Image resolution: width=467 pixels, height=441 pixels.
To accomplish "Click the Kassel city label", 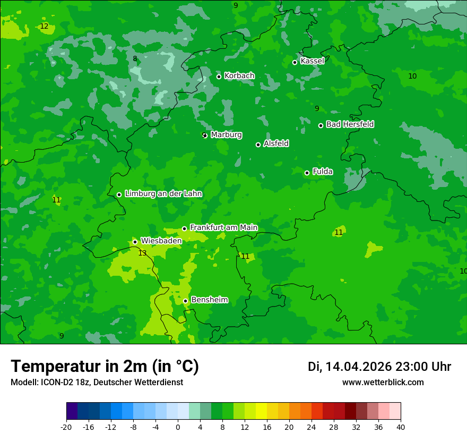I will [x=312, y=61].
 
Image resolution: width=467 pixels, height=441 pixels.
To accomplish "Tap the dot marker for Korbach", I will [x=219, y=77].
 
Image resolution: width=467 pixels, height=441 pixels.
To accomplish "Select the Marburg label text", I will [x=226, y=135].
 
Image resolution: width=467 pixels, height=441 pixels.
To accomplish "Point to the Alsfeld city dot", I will [x=258, y=145].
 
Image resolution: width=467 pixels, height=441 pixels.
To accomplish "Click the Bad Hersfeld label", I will [x=350, y=124].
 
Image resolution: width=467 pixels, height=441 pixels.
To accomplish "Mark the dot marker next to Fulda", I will [x=307, y=173].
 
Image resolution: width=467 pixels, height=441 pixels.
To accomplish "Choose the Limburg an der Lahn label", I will [x=163, y=194].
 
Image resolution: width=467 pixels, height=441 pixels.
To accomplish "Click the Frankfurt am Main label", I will [x=223, y=228].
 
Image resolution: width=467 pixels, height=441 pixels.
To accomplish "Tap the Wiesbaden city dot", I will [x=135, y=242].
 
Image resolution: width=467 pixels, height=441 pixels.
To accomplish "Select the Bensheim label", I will [x=209, y=300].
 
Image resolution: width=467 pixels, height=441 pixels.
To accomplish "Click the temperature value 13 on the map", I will [x=142, y=253].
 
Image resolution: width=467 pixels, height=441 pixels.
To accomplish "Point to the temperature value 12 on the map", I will [x=44, y=26].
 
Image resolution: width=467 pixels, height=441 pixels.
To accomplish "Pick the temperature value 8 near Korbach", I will [x=135, y=59].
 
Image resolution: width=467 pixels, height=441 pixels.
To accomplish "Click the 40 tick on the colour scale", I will [x=400, y=427].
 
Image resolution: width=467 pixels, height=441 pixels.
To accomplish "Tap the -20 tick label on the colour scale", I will [x=66, y=427].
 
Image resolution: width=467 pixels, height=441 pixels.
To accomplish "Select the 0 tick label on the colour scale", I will [x=178, y=427].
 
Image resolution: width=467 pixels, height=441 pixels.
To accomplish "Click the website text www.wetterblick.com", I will [x=383, y=383].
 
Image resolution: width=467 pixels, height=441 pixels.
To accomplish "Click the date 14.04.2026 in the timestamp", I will [x=358, y=367].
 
